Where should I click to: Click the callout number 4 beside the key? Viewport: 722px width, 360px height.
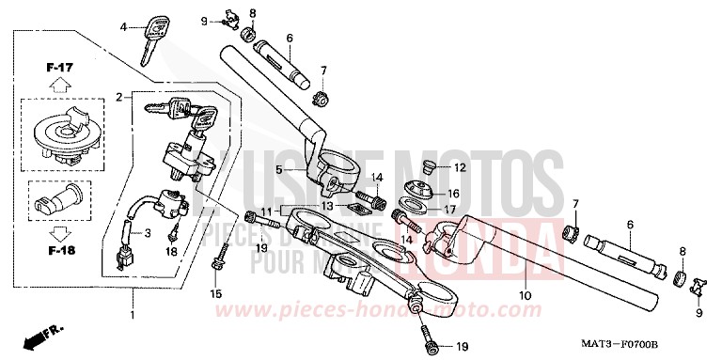[122, 27]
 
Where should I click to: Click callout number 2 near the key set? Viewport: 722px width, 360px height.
[119, 97]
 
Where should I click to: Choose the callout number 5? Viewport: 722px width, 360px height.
[279, 170]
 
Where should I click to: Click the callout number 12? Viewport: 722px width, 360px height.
[461, 168]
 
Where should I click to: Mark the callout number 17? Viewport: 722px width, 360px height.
[451, 209]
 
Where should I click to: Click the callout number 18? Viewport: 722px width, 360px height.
[171, 253]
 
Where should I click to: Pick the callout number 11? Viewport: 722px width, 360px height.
[266, 210]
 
